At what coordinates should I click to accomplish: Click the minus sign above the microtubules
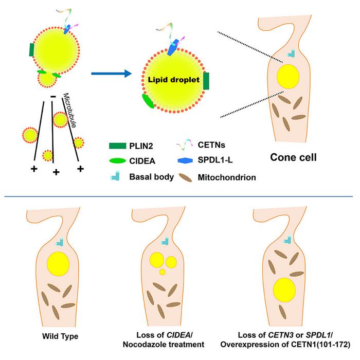53,97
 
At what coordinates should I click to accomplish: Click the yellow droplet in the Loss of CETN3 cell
284,291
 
